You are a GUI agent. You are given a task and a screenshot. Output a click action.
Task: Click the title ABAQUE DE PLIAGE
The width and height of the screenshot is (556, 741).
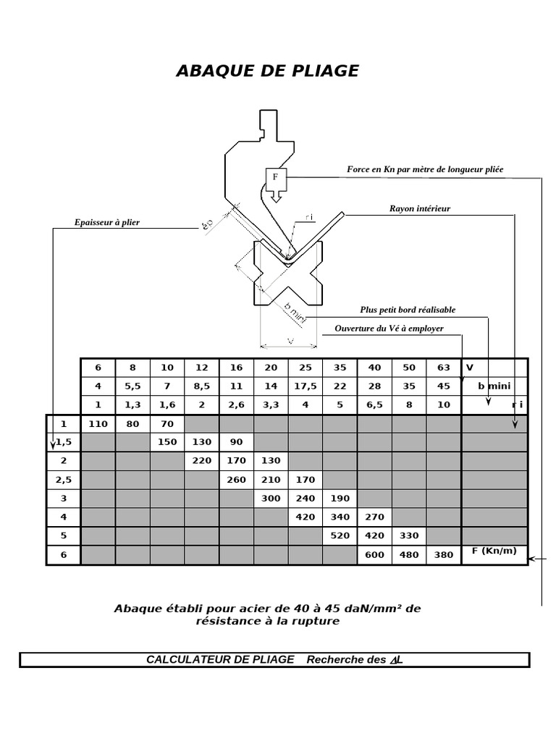pos(267,71)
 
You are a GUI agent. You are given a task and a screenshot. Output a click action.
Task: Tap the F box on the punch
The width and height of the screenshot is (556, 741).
pos(275,177)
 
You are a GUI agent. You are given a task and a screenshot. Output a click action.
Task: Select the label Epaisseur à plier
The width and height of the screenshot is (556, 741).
pos(106,222)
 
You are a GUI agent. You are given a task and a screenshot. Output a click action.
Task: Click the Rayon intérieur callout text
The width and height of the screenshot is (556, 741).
pos(419,208)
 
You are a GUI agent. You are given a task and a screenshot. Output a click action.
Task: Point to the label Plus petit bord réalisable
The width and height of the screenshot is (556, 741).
pos(408,310)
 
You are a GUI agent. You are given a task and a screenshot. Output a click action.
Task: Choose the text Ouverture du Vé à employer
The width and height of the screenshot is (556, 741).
pos(389,329)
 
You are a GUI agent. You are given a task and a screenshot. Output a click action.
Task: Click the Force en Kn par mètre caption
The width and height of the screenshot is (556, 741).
pos(425,169)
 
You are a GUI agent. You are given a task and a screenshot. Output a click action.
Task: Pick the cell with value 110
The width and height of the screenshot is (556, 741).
pos(98,423)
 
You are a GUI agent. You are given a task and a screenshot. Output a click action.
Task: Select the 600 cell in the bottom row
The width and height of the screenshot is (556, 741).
pos(374,555)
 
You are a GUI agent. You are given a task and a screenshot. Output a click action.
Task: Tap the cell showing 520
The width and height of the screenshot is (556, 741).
pos(340,536)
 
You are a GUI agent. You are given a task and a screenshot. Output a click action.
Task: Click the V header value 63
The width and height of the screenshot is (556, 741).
pos(444,367)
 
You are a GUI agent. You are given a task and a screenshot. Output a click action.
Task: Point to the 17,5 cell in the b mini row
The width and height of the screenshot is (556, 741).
pos(306,386)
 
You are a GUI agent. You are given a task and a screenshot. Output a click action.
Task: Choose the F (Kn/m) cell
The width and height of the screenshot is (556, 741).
pos(494,551)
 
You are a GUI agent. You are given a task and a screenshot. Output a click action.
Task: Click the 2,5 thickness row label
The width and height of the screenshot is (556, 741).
pos(64,480)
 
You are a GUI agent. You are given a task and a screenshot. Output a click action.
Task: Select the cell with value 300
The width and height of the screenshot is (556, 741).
pos(271,499)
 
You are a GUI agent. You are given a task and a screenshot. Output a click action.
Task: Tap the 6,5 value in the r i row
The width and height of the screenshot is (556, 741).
pos(374,405)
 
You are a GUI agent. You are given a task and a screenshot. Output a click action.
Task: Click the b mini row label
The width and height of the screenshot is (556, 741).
pos(494,386)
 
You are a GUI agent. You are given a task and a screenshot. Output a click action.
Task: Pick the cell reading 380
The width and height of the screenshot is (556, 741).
pos(444,555)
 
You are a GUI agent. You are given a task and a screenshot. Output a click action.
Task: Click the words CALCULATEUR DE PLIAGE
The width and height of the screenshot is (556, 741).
pos(220,659)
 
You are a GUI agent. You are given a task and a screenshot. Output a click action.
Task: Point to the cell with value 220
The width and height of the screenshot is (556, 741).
pos(201,461)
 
